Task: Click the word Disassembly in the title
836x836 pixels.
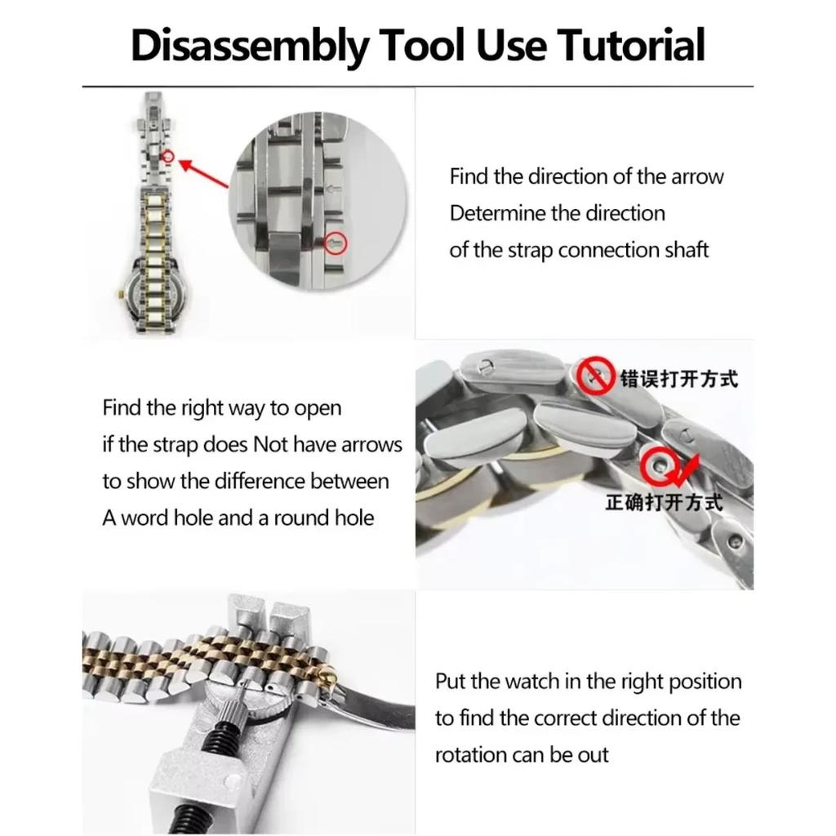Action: (x=249, y=45)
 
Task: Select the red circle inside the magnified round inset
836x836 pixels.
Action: (x=336, y=242)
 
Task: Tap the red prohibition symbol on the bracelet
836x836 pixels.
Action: (x=596, y=375)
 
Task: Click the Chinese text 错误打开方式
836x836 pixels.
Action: (x=678, y=379)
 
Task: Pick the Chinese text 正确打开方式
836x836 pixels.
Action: (x=664, y=502)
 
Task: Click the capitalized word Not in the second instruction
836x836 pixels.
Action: (x=272, y=445)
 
